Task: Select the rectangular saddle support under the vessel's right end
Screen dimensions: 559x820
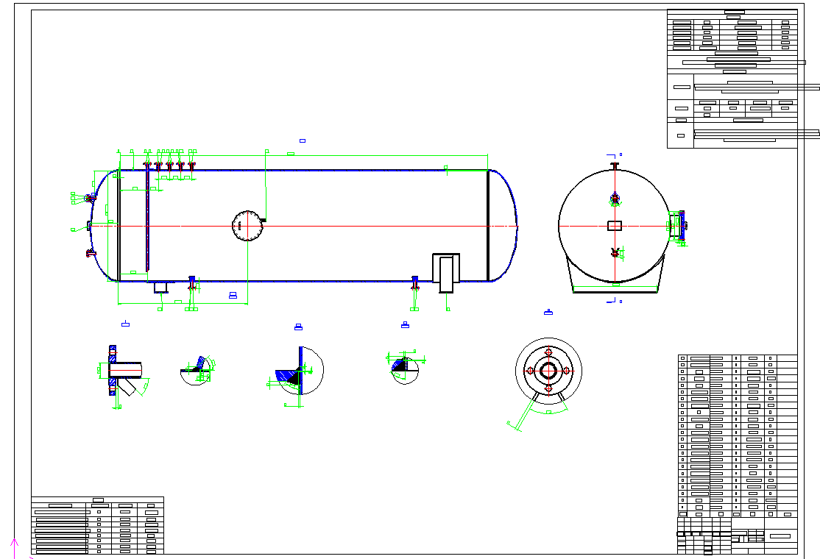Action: [x=445, y=273]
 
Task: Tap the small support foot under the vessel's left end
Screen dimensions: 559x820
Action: [x=161, y=287]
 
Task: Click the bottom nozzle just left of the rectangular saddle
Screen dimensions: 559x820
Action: [x=415, y=282]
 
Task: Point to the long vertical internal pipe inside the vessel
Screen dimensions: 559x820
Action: [x=147, y=221]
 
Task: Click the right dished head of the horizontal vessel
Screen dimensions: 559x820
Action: [x=504, y=225]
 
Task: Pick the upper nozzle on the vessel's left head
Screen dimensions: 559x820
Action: [x=90, y=198]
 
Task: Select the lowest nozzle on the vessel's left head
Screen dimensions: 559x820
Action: [x=91, y=254]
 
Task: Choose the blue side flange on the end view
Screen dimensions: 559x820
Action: [x=682, y=225]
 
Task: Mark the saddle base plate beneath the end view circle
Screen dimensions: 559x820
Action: [x=615, y=291]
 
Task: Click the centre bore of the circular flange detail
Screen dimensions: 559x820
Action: [x=548, y=370]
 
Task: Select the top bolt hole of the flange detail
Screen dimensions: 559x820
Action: [x=548, y=352]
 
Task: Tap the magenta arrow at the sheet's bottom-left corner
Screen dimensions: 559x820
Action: [x=13, y=543]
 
